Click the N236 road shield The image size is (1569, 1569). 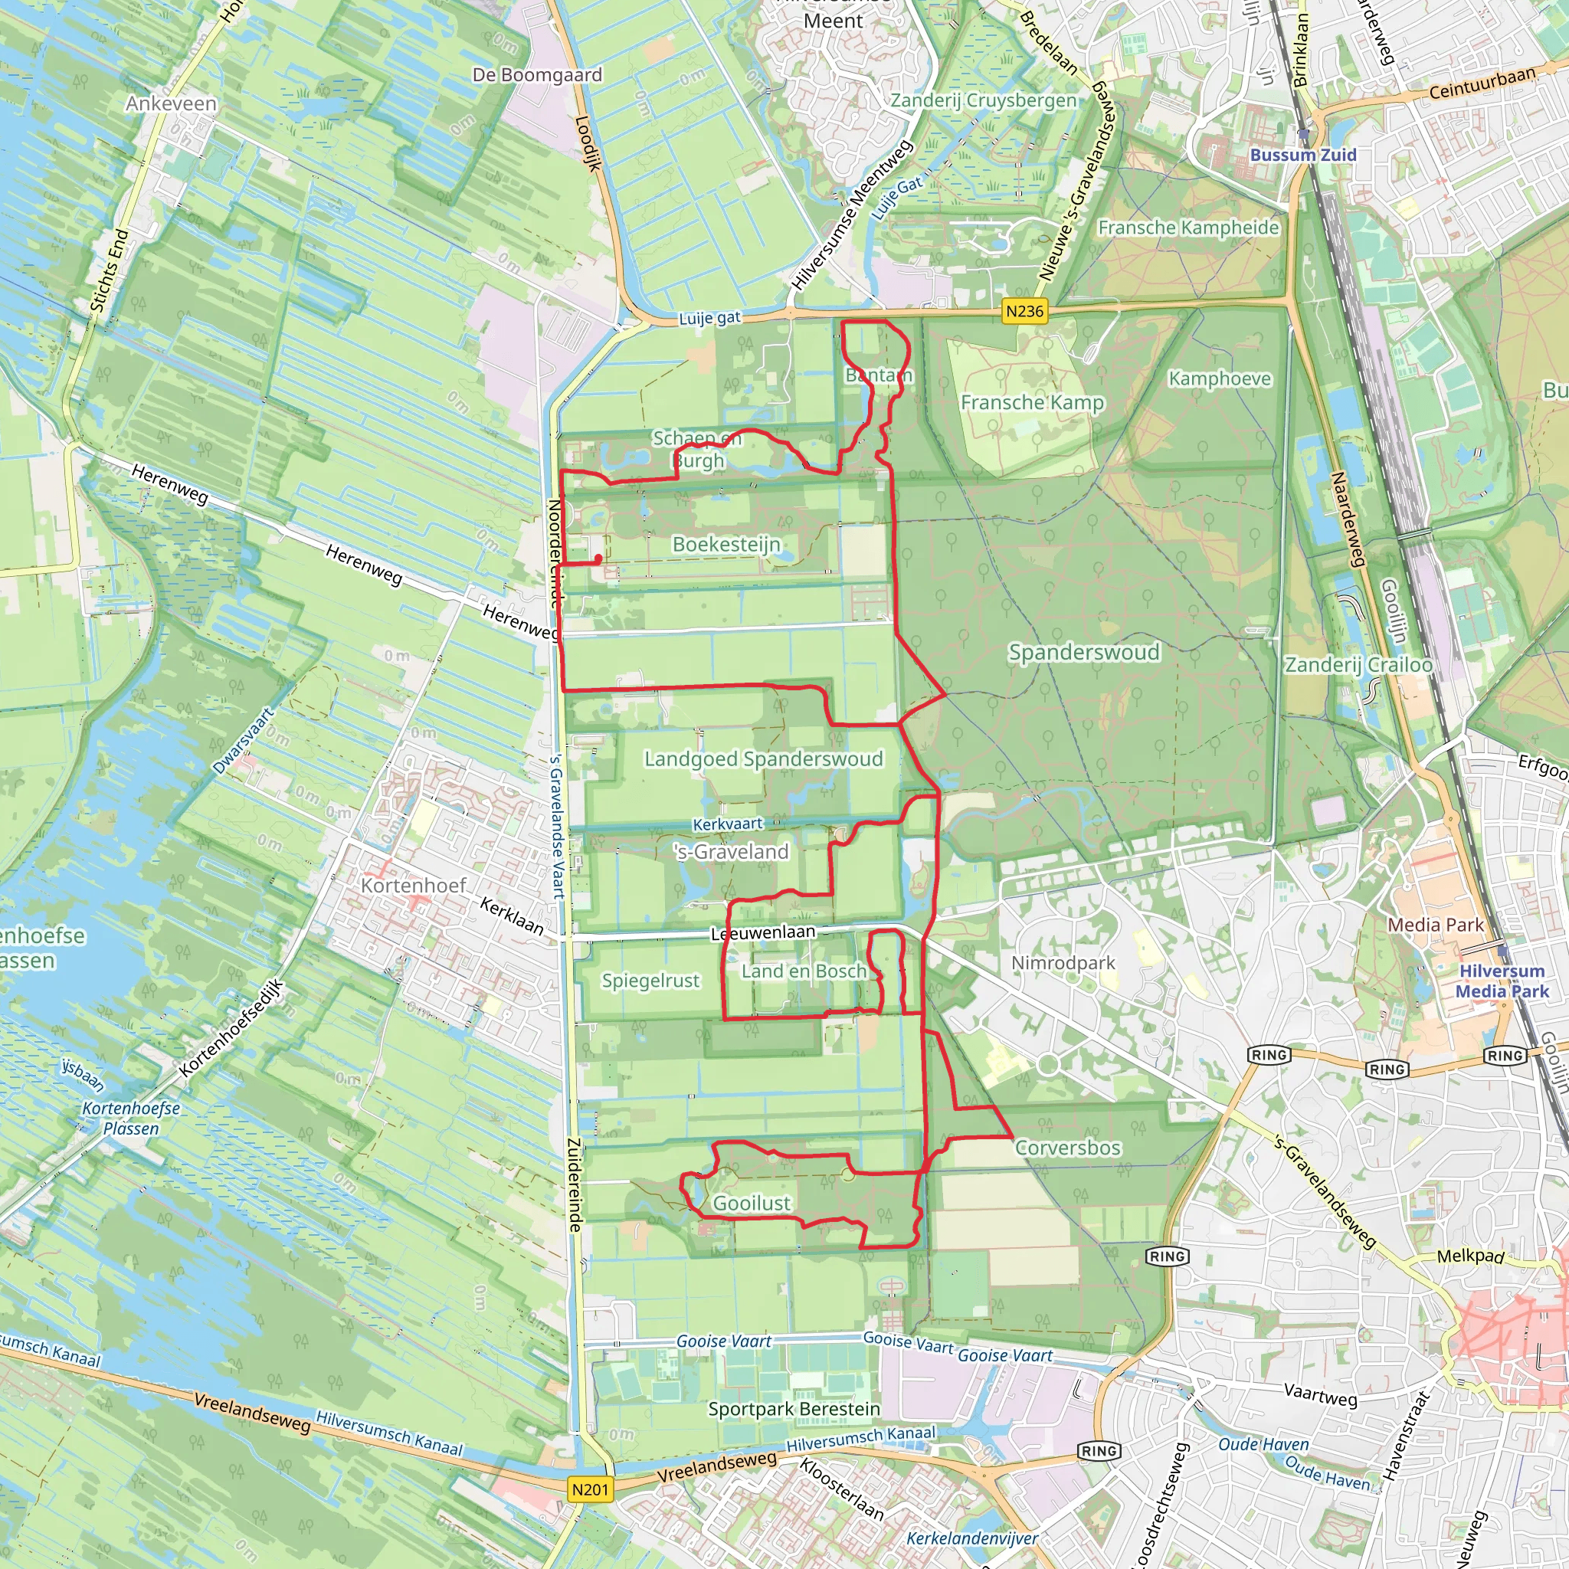tap(1024, 311)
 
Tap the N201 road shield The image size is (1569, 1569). tap(590, 1489)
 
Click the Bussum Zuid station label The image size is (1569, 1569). tap(1302, 155)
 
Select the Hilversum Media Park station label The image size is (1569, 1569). tap(1502, 981)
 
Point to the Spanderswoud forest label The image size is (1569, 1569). tap(1083, 652)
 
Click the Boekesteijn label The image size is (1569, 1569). tap(727, 544)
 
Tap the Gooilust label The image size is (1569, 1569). tap(752, 1203)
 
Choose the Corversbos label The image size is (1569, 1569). tap(1068, 1148)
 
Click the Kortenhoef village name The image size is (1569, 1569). tap(414, 885)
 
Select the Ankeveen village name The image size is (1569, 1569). tap(172, 104)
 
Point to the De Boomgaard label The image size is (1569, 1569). tap(538, 75)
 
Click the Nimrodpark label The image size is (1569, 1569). tap(1063, 963)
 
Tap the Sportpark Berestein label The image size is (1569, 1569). tap(794, 1409)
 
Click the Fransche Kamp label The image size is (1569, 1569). tap(1032, 403)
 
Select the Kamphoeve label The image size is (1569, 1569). tap(1220, 378)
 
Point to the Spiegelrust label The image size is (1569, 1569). tap(650, 981)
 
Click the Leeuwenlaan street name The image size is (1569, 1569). tap(762, 933)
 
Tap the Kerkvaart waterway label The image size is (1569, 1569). tap(728, 824)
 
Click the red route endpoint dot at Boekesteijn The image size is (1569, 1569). tap(598, 558)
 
